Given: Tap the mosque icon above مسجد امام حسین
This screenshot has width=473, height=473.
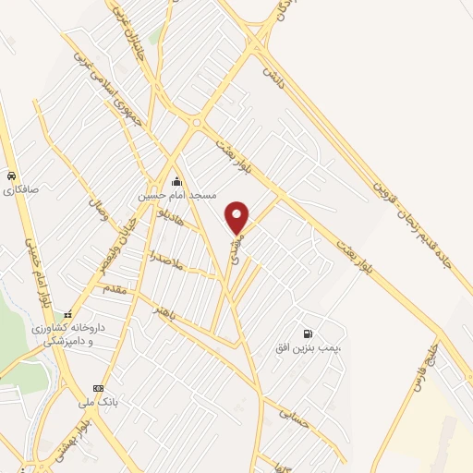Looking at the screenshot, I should click(176, 181).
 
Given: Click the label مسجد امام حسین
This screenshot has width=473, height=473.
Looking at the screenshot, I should click(176, 196).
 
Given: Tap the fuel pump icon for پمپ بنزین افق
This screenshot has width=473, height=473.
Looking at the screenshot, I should click(305, 334).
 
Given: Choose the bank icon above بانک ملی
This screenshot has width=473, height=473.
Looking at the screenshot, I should click(98, 388).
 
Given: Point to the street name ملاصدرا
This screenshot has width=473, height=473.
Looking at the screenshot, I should click(173, 266).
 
